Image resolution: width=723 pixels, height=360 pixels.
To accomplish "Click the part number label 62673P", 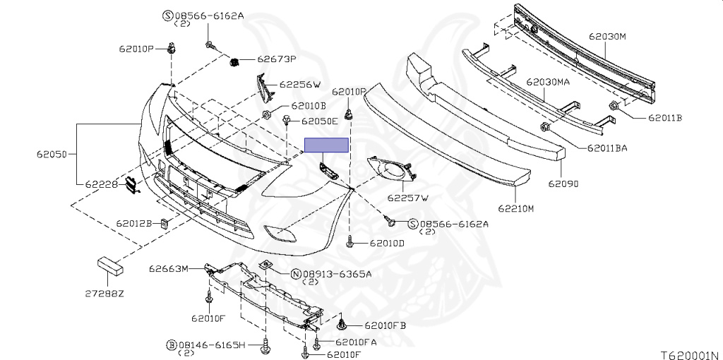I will [277, 59].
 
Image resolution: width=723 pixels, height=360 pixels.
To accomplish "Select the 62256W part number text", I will [300, 84].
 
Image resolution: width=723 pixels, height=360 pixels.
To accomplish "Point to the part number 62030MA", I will [547, 83].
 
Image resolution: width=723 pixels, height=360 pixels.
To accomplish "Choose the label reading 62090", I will [563, 183].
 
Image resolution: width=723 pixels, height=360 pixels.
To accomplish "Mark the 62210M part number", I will [516, 208].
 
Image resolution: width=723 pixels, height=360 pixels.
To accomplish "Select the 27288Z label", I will [106, 293].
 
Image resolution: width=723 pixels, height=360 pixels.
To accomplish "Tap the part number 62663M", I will [169, 268].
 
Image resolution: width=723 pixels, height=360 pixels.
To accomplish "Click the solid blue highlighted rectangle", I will [326, 145].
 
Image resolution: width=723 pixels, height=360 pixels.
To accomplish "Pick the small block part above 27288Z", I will [109, 265].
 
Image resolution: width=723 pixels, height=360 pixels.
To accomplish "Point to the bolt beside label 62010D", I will [351, 243].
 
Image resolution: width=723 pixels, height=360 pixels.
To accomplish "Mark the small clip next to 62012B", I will [163, 224].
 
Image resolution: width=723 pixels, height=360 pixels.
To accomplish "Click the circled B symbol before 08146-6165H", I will [171, 344].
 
